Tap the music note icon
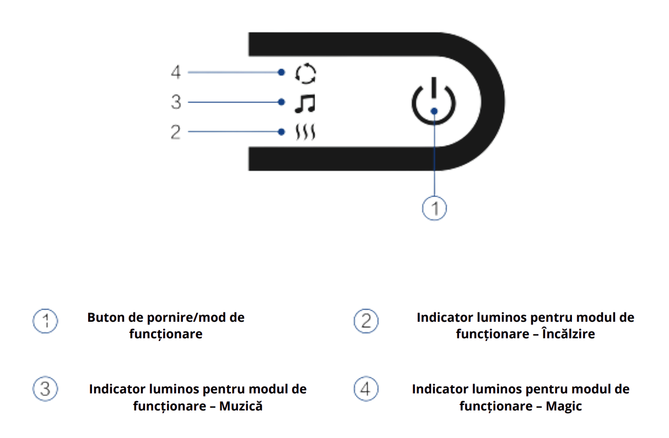click(x=304, y=102)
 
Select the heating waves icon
click(x=305, y=132)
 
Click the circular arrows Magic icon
click(x=305, y=73)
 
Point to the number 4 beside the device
click(x=175, y=72)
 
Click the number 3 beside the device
click(x=175, y=102)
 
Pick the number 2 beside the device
click(x=175, y=132)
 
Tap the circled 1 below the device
click(x=434, y=208)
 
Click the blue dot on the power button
click(x=434, y=111)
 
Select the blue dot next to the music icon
click(x=282, y=102)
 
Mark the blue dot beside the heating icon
click(x=282, y=132)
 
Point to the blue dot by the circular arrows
click(x=282, y=72)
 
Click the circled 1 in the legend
click(x=45, y=321)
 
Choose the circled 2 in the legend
click(x=366, y=321)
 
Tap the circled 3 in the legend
click(x=45, y=389)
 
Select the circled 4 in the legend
click(x=366, y=389)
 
